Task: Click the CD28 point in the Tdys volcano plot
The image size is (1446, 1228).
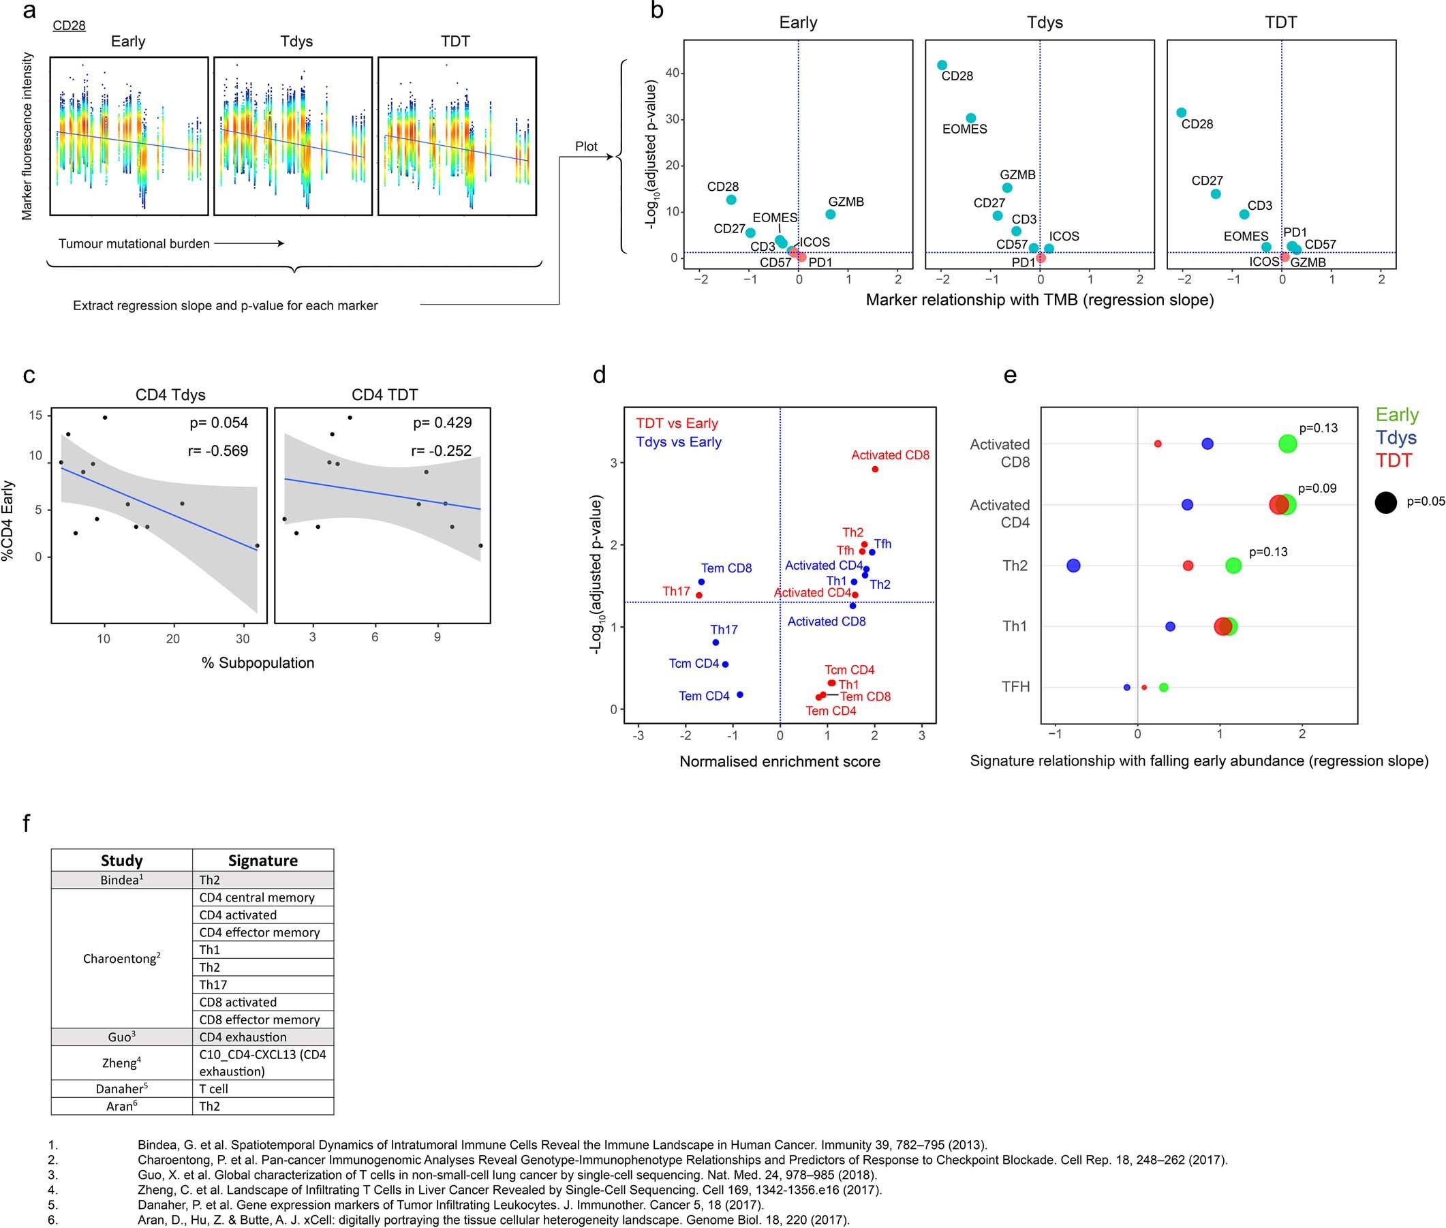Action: [942, 65]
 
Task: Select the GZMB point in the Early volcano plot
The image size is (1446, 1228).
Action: [831, 215]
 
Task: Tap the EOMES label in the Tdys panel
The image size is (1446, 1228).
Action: [964, 129]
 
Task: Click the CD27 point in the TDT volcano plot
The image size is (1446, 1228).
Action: [1216, 194]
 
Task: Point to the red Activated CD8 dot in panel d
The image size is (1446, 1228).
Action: [875, 470]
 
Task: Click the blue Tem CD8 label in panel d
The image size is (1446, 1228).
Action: [726, 568]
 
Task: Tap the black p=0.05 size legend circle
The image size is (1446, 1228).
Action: [1385, 502]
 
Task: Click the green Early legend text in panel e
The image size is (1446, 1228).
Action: [1396, 415]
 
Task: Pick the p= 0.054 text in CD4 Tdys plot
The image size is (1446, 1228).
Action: [219, 423]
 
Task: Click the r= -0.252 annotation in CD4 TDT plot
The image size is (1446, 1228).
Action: [442, 451]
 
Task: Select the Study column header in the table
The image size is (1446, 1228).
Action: [122, 861]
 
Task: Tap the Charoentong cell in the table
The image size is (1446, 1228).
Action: [122, 959]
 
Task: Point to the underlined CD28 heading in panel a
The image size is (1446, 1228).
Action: [69, 26]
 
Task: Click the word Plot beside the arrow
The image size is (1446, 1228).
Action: [585, 147]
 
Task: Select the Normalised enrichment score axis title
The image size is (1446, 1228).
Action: [780, 762]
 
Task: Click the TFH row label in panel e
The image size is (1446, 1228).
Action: [1015, 687]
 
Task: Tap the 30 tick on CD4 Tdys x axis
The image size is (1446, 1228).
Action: [243, 639]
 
